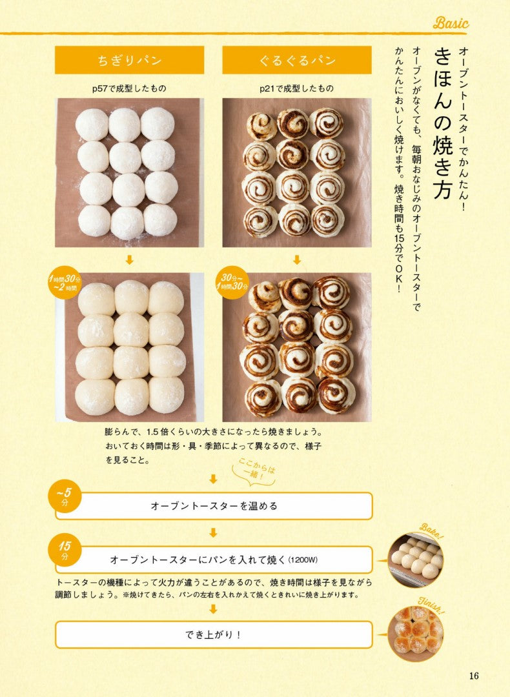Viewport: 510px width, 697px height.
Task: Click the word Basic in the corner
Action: pyautogui.click(x=451, y=23)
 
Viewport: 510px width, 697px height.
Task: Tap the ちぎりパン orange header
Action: pyautogui.click(x=129, y=60)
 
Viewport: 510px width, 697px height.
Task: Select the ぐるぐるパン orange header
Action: pyautogui.click(x=297, y=60)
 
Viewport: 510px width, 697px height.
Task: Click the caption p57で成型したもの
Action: pyautogui.click(x=129, y=88)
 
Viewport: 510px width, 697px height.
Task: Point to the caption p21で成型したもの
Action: pyautogui.click(x=297, y=88)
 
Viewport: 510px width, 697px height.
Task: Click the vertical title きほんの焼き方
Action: pyautogui.click(x=443, y=123)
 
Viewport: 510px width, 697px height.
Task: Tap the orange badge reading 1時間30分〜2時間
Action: pyautogui.click(x=65, y=283)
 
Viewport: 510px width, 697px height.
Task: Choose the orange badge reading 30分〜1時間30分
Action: pyautogui.click(x=232, y=283)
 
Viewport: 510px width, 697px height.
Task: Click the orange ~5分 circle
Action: pyautogui.click(x=65, y=496)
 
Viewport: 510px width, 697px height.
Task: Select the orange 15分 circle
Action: pyautogui.click(x=65, y=549)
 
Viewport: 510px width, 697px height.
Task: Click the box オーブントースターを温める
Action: pyautogui.click(x=214, y=506)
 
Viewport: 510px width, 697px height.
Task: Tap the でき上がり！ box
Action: pyautogui.click(x=214, y=634)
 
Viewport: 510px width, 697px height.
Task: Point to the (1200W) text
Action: pyautogui.click(x=303, y=560)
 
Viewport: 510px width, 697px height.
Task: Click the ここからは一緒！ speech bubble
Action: pyautogui.click(x=254, y=472)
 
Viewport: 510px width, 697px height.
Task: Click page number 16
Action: pyautogui.click(x=474, y=676)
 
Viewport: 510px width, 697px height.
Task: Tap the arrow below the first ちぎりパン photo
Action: pyautogui.click(x=129, y=259)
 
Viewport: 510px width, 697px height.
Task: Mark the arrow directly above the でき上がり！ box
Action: pyautogui.click(x=214, y=609)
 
